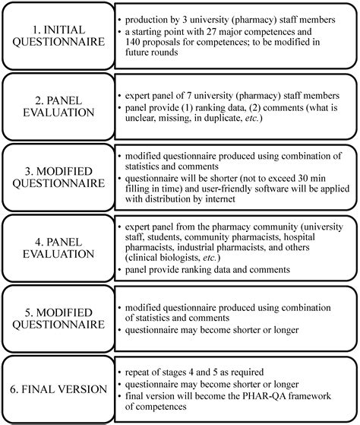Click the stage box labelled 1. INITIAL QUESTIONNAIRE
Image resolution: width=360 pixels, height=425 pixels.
[58, 35]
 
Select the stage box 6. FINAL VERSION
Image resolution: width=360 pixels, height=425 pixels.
[58, 389]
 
